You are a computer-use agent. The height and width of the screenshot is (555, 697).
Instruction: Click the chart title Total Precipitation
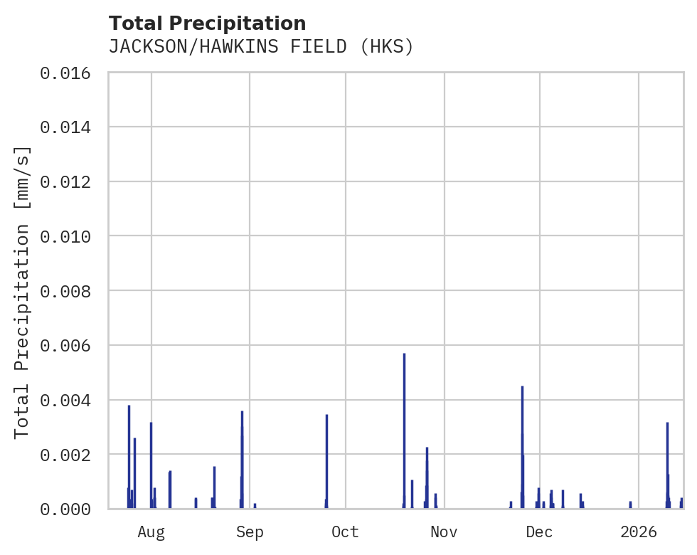207,23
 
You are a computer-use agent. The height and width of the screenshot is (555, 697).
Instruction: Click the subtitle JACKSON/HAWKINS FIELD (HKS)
260,47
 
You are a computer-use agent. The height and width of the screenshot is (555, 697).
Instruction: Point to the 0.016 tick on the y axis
70,73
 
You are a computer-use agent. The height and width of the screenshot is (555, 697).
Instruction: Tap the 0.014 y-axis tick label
70,127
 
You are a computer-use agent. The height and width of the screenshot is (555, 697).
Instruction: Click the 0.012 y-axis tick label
70,181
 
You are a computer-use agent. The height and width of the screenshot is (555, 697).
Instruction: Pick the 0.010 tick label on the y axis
70,236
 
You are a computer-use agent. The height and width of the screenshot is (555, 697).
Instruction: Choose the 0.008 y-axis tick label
70,291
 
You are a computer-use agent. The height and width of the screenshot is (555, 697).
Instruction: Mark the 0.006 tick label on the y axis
70,345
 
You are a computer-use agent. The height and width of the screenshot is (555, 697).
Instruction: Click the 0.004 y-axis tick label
70,400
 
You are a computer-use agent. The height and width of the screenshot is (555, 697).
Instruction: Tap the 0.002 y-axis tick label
70,454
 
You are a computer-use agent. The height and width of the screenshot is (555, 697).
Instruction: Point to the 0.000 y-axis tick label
70,509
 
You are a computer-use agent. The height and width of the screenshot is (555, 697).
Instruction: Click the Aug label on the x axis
151,532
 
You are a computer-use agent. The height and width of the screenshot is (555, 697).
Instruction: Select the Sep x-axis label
249,532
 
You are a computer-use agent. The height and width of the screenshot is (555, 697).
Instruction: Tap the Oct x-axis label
345,532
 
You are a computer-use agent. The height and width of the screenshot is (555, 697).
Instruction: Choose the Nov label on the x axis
443,532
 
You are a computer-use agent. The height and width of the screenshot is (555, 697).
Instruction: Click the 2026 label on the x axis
638,532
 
